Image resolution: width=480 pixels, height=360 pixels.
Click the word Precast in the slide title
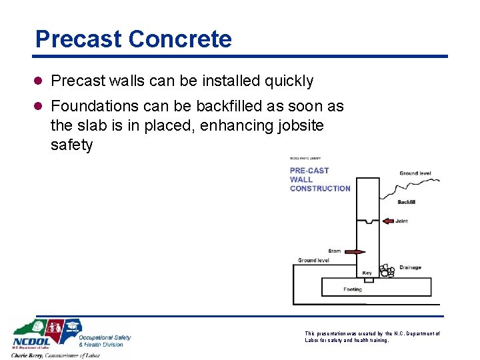pos(79,39)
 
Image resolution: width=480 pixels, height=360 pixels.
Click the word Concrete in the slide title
pos(181,39)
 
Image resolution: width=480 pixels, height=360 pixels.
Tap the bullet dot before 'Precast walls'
pos(40,81)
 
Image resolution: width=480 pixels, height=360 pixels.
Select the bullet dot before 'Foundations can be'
pos(40,107)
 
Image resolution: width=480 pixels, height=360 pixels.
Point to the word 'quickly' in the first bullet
pos(288,81)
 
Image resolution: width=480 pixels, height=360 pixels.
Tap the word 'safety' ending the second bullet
pos(71,145)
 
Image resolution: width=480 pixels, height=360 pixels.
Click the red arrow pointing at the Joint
pos(389,221)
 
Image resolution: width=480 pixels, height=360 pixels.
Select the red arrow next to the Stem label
pos(355,252)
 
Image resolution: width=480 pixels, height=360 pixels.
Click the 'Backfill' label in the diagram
pos(406,202)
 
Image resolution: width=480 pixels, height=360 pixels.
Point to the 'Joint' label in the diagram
pos(401,221)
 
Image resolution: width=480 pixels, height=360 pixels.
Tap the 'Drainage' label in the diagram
pos(410,268)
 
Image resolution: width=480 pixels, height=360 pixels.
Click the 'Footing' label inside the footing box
pos(353,289)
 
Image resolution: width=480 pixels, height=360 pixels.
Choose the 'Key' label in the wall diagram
pos(367,273)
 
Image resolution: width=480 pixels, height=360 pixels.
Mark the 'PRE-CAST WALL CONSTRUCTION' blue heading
pos(319,179)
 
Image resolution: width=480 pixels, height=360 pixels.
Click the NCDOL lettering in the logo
pos(29,341)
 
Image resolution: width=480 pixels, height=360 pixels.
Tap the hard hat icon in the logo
pos(39,327)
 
